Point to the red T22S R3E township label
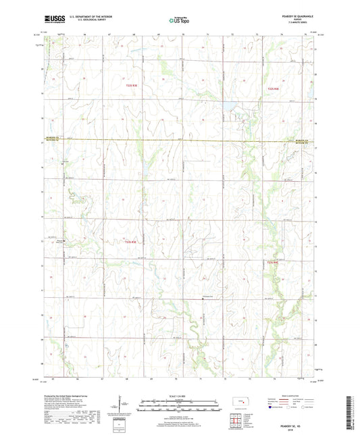coord(131,85)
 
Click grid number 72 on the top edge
coord(232,32)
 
